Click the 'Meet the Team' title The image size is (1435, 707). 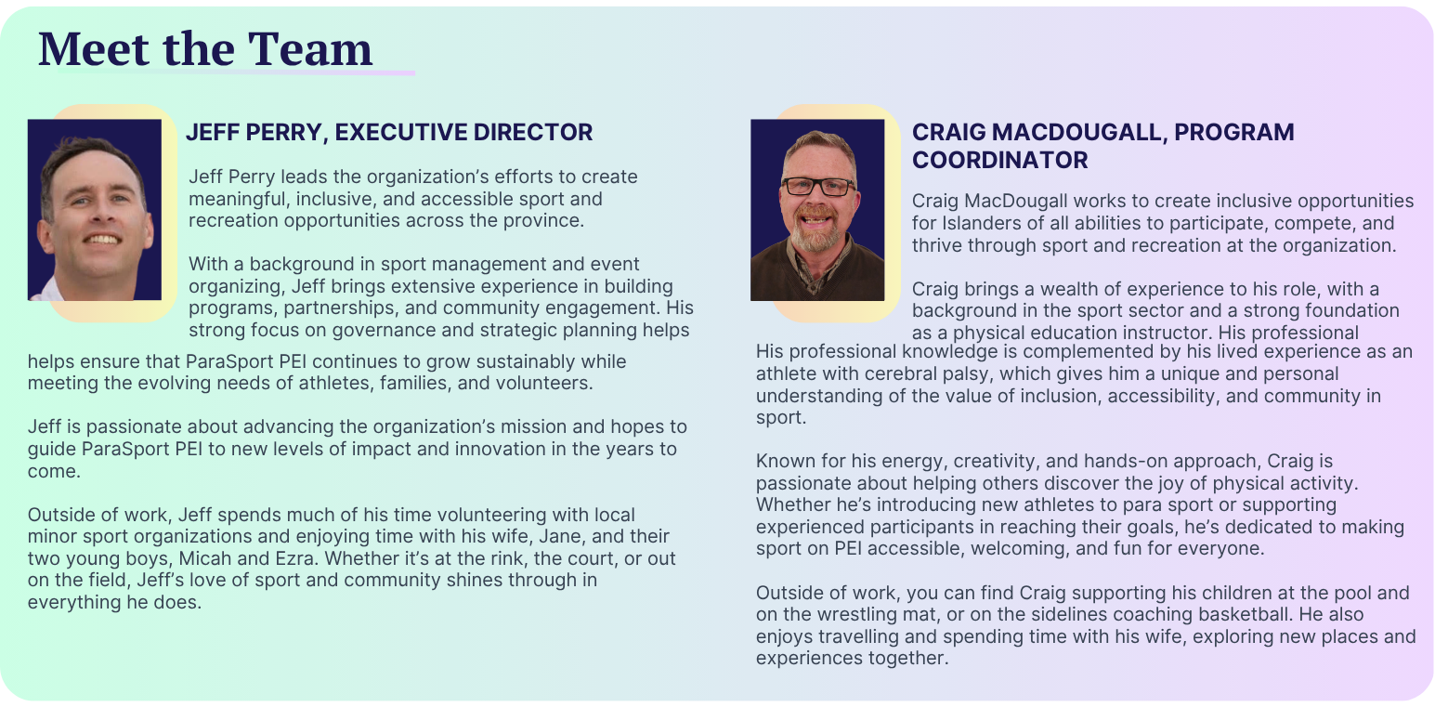tap(205, 48)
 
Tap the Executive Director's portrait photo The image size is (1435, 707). tap(94, 210)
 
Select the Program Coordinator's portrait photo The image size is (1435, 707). tap(817, 210)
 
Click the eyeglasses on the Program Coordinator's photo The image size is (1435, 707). tap(818, 187)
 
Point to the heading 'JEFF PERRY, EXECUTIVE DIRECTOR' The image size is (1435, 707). tap(389, 132)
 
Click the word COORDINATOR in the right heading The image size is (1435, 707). tap(1000, 160)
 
